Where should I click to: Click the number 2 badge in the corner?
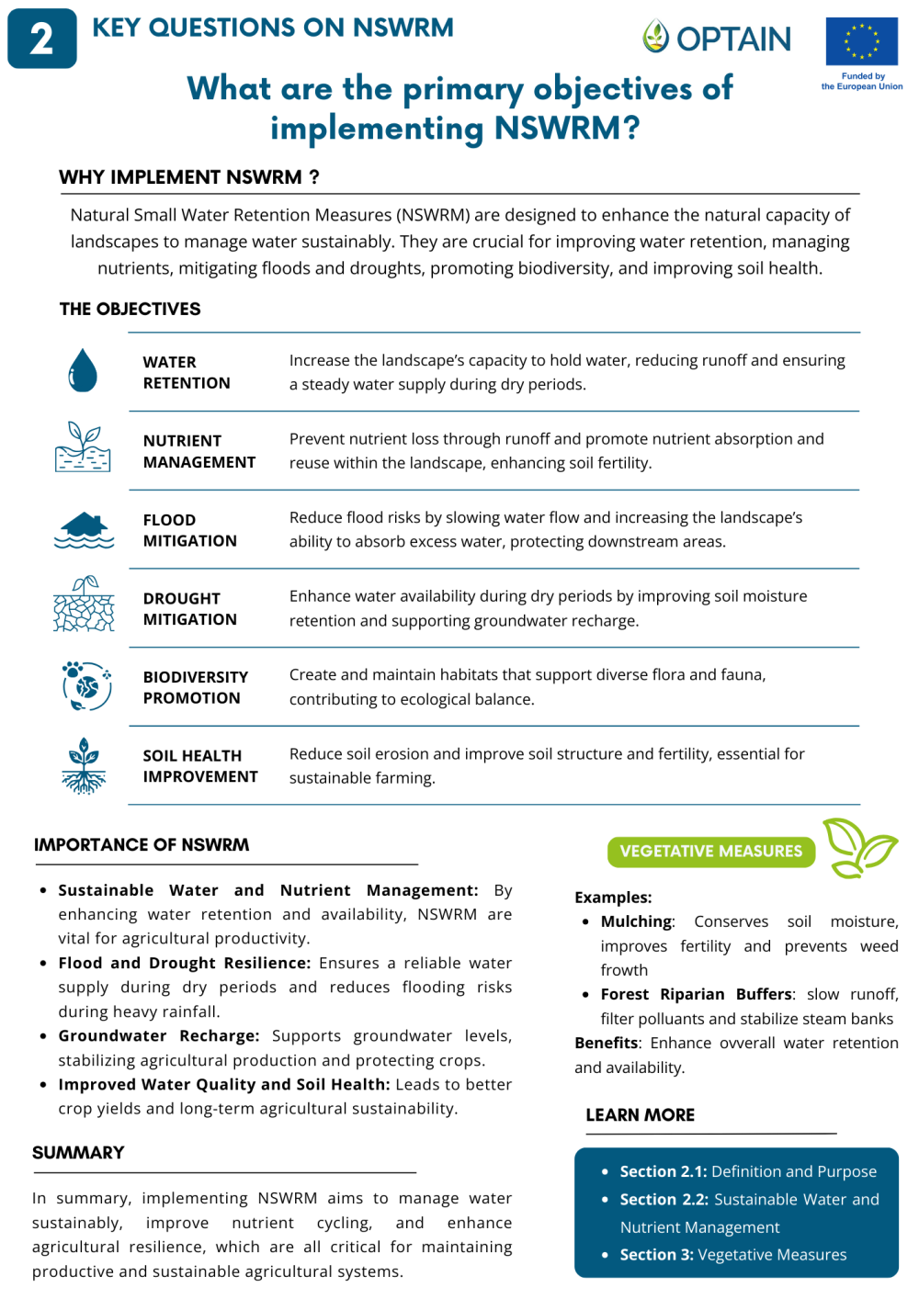point(41,39)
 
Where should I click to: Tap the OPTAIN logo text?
point(733,39)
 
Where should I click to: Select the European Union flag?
point(861,41)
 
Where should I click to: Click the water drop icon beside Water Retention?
point(83,370)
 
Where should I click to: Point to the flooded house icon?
point(85,530)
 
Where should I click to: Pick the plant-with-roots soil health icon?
point(84,765)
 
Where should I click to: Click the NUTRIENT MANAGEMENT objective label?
point(199,451)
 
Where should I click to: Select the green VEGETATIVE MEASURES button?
point(710,852)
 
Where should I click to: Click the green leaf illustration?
point(858,848)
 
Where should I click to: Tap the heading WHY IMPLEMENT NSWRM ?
point(189,177)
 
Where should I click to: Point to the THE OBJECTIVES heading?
point(130,310)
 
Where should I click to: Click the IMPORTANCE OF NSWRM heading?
point(142,845)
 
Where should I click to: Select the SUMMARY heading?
point(78,1153)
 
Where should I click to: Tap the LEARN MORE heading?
point(640,1115)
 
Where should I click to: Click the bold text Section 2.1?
point(663,1172)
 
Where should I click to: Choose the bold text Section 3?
point(656,1255)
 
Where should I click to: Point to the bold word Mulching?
point(636,921)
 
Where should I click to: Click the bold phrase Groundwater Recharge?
point(158,1036)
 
